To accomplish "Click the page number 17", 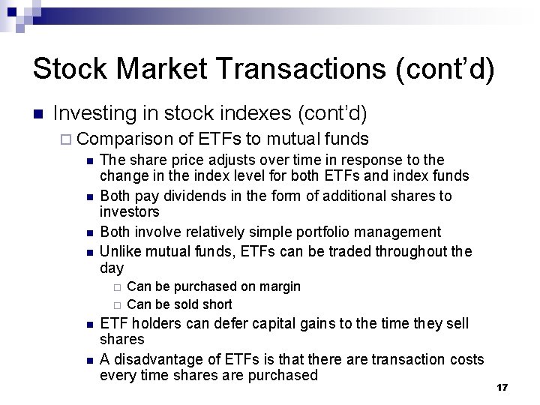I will coord(502,387).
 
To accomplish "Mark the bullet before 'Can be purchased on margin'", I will coord(117,287).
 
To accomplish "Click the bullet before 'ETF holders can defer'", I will coord(89,324).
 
